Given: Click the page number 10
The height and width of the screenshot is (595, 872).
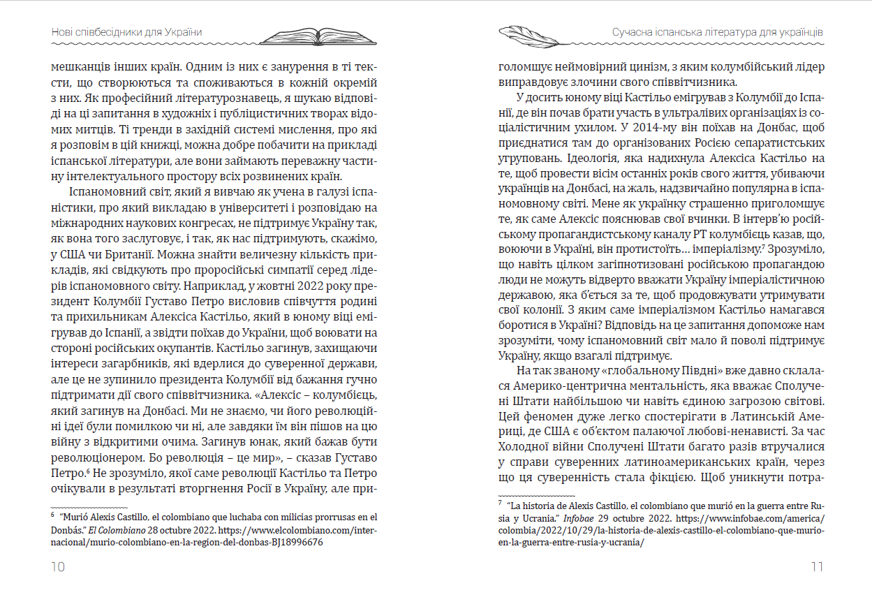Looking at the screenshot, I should [57, 567].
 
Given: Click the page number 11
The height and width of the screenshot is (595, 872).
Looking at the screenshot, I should [817, 567].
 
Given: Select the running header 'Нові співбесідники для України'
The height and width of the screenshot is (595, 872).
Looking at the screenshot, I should [131, 33].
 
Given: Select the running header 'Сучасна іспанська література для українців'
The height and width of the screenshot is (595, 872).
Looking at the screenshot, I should [718, 33].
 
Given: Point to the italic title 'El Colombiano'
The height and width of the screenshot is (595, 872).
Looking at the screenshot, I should [113, 530].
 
